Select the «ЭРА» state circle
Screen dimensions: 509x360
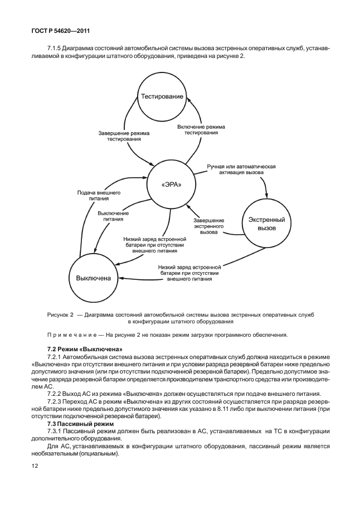point(171,185)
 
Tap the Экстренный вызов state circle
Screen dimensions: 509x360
point(266,225)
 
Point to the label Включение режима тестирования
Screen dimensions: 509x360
point(201,130)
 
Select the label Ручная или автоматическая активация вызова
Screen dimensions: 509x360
point(241,169)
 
